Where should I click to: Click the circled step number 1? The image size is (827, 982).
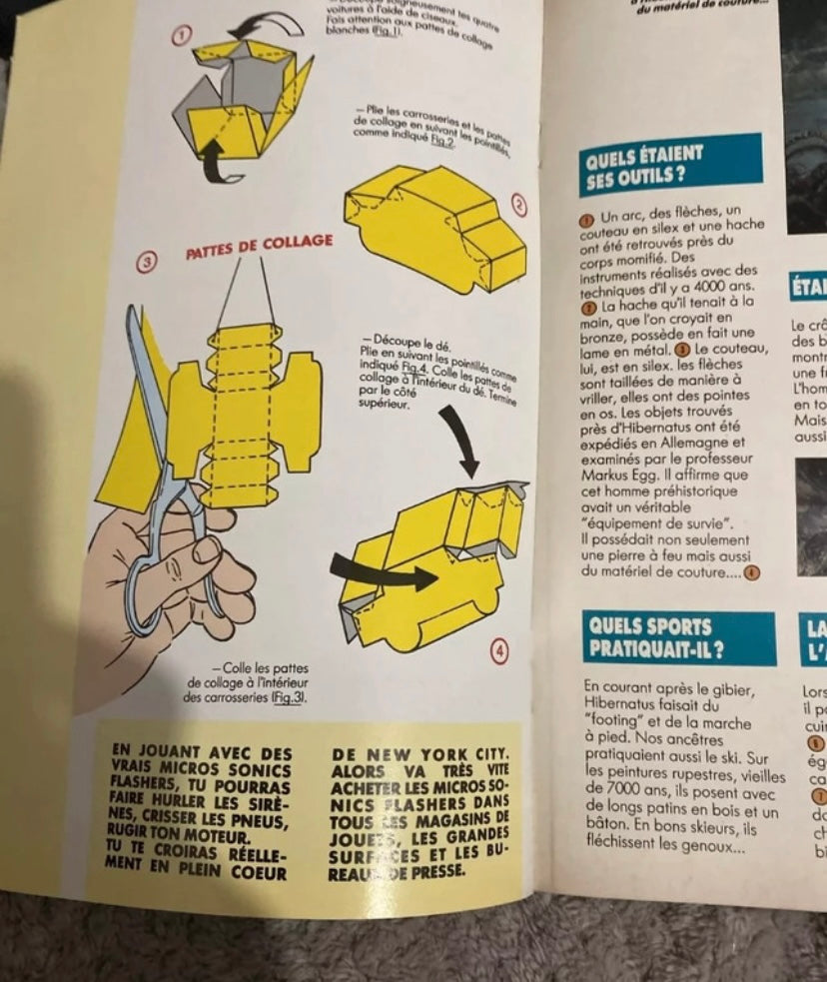(x=181, y=36)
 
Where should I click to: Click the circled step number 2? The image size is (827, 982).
(x=518, y=204)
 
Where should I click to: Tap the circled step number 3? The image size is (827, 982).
(x=145, y=262)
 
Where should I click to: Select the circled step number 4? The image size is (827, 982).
(x=500, y=650)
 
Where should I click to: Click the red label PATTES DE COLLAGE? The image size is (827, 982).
(x=259, y=246)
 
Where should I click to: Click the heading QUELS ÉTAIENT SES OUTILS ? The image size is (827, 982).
(x=645, y=166)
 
